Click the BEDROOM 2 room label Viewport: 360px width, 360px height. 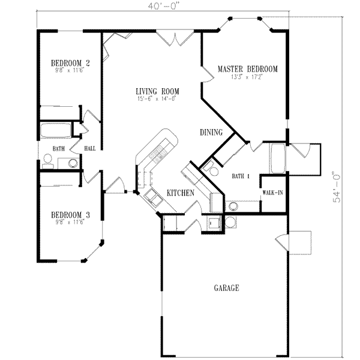pyautogui.click(x=70, y=62)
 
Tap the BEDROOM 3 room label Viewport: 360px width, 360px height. pyautogui.click(x=70, y=215)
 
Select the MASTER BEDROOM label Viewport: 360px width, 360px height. pyautogui.click(x=247, y=69)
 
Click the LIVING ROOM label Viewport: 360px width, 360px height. pyautogui.click(x=157, y=91)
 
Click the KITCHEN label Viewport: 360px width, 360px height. pyautogui.click(x=179, y=193)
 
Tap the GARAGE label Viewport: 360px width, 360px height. pyautogui.click(x=226, y=288)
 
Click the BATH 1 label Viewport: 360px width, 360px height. pyautogui.click(x=241, y=176)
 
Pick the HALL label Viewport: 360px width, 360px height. pyautogui.click(x=90, y=148)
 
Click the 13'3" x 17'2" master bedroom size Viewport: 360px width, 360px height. pyautogui.click(x=247, y=77)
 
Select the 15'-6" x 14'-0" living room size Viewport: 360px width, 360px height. pyautogui.click(x=157, y=99)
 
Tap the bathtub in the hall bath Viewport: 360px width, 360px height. pyautogui.click(x=55, y=131)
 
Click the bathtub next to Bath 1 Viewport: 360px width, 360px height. pyautogui.click(x=278, y=159)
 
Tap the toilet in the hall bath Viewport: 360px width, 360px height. pyautogui.click(x=48, y=159)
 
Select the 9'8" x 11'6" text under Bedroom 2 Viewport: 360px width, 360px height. pyautogui.click(x=70, y=70)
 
